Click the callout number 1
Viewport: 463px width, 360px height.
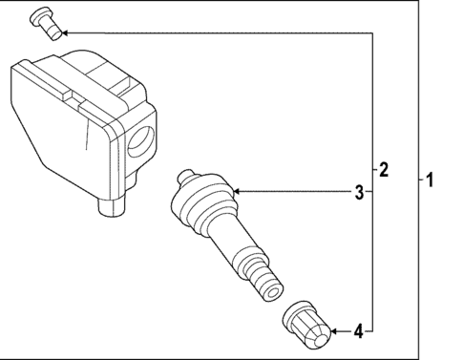tap(430, 179)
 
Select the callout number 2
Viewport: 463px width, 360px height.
tap(384, 171)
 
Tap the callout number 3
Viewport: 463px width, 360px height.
tap(359, 193)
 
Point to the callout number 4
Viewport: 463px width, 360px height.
tap(358, 332)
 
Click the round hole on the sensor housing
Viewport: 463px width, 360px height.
tap(137, 140)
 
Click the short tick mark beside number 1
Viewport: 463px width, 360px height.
tap(419, 179)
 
